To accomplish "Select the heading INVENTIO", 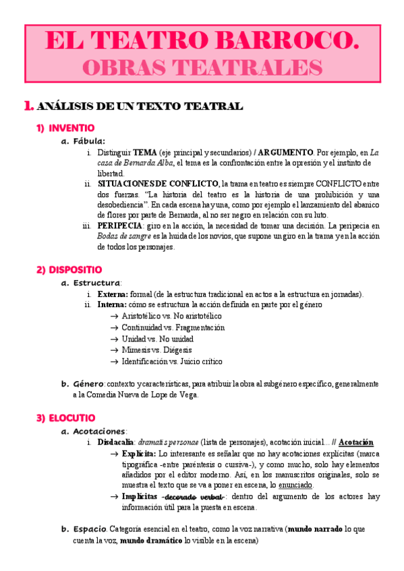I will pyautogui.click(x=71, y=128).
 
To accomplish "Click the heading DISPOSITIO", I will pyautogui.click(x=76, y=270).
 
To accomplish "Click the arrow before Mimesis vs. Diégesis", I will pyautogui.click(x=115, y=350).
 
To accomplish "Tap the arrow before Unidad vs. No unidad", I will pyautogui.click(x=115, y=339).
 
